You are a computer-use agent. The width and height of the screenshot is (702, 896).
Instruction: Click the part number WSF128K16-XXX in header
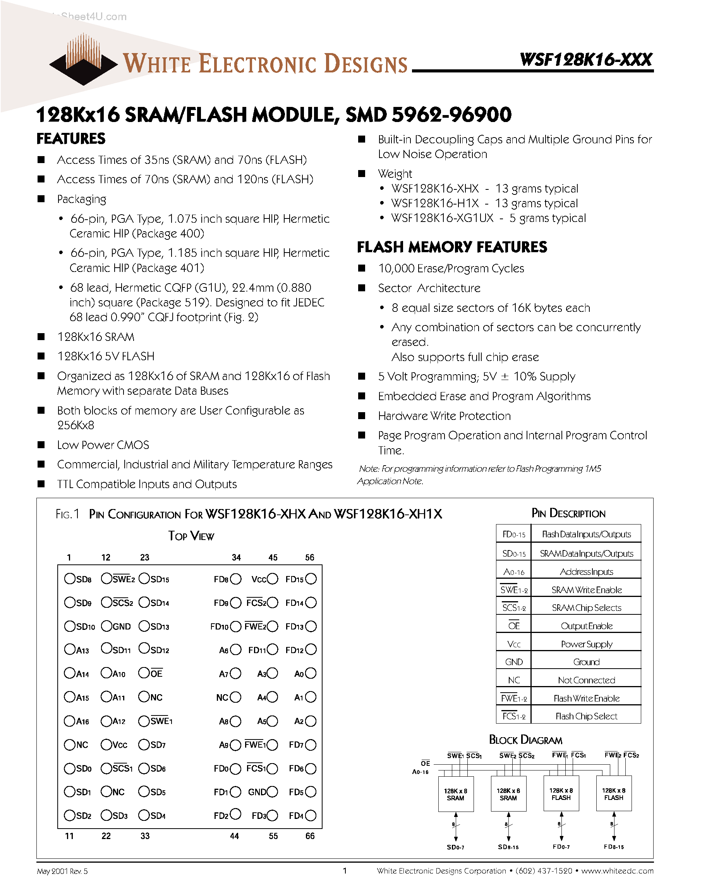coord(586,60)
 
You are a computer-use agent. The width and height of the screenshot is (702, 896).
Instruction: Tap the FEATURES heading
coord(71,139)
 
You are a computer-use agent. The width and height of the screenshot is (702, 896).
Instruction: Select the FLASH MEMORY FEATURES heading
coord(452,247)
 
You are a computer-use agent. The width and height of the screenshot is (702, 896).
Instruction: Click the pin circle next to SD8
coord(69,579)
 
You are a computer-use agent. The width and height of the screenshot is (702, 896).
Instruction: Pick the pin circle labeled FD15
coord(311,579)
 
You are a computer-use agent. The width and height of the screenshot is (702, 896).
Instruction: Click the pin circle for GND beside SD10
coord(106,626)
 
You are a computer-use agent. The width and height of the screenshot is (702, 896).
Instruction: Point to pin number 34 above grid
coord(236,557)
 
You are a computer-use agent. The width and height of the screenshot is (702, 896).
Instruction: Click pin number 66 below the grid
coord(310,836)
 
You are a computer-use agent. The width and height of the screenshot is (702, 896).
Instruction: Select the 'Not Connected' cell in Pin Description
coord(586,680)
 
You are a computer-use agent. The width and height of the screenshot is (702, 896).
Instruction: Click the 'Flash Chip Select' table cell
coord(586,716)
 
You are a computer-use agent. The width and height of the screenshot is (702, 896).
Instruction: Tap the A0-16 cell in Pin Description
coord(514,571)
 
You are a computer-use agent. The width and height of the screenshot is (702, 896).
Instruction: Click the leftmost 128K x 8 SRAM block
coord(455,794)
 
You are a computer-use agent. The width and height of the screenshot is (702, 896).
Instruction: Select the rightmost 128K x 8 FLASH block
coord(614,794)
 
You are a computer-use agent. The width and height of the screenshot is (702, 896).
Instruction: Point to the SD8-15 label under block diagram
coord(508,847)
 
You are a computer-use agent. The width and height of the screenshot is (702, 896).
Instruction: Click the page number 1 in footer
coord(345,870)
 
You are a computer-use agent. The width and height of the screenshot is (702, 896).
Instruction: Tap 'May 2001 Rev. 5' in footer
coord(62,871)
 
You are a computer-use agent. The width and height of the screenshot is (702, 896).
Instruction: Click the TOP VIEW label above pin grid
coord(191,536)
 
